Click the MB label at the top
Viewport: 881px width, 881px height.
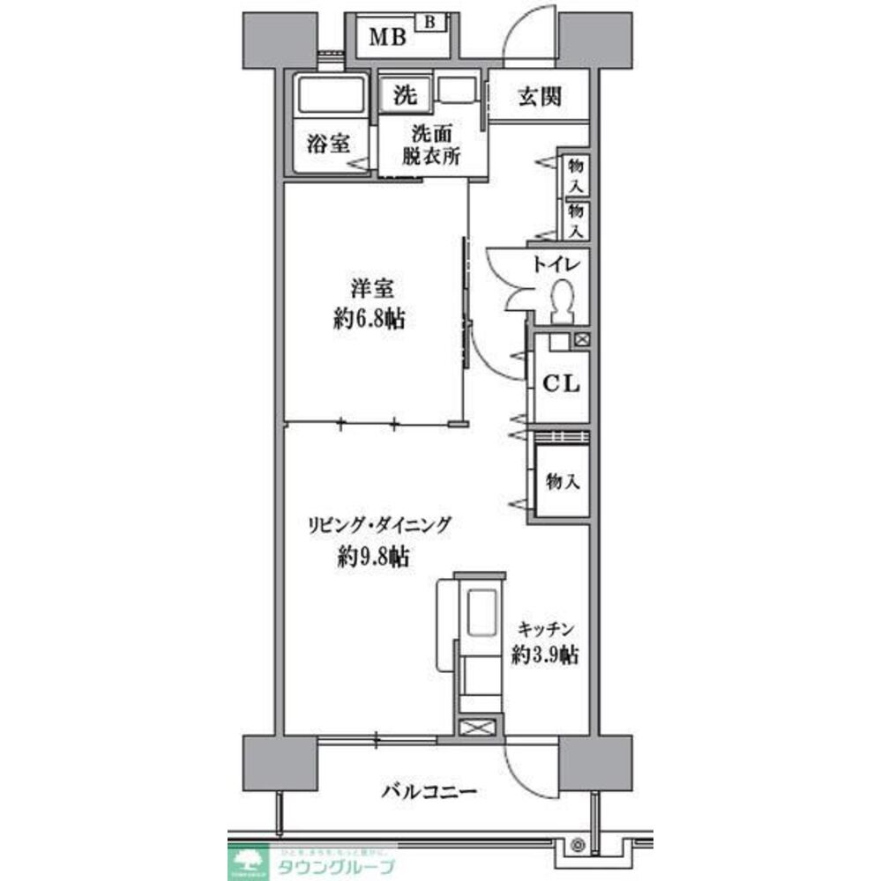click(387, 37)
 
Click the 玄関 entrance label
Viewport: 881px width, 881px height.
click(540, 97)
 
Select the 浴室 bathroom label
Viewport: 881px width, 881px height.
click(327, 144)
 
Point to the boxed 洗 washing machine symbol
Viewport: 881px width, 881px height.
click(405, 95)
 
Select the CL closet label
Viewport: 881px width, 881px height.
click(560, 384)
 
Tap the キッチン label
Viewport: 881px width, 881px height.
click(547, 629)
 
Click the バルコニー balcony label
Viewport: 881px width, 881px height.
click(429, 790)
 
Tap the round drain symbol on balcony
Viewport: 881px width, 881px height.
click(578, 845)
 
